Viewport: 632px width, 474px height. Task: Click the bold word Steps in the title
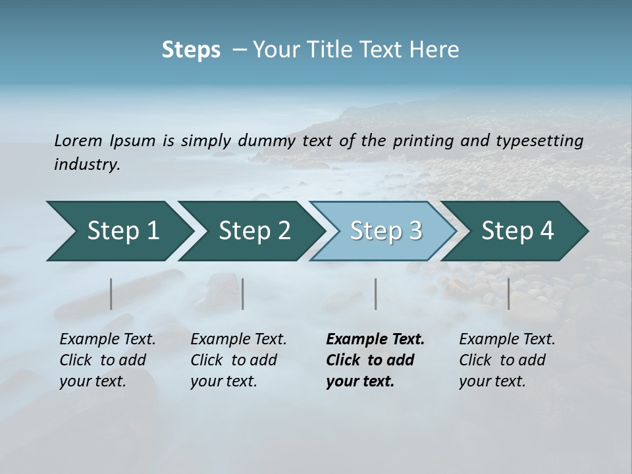(x=191, y=50)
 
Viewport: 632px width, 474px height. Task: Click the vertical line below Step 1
(x=111, y=294)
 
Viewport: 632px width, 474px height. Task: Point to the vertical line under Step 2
(x=243, y=294)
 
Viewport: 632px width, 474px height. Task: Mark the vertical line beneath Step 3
(x=376, y=294)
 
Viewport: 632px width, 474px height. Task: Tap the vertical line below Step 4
(x=509, y=294)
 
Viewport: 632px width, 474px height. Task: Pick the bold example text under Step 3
(x=375, y=360)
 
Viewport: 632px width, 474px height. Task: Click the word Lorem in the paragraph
(x=77, y=140)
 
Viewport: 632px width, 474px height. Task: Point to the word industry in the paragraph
(x=87, y=164)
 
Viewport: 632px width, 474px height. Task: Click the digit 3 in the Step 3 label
(x=414, y=231)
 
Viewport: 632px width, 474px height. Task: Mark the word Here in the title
(x=434, y=50)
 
